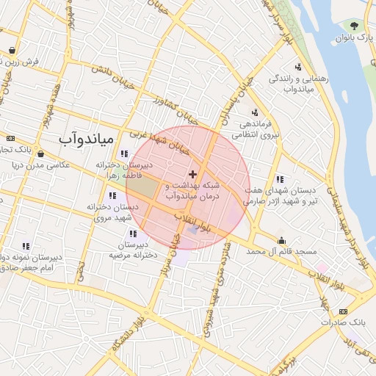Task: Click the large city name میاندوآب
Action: (x=86, y=137)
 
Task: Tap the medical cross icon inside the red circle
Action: (x=192, y=174)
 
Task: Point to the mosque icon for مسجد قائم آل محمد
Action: (x=281, y=240)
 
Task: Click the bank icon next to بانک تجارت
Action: (x=10, y=138)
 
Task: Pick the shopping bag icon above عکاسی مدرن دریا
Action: (x=40, y=154)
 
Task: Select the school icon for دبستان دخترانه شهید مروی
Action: (x=112, y=196)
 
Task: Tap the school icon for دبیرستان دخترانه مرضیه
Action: (x=132, y=234)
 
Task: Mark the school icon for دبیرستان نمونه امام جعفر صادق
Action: (x=26, y=247)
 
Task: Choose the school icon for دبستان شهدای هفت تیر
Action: (x=279, y=178)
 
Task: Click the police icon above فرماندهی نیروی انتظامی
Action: (x=254, y=112)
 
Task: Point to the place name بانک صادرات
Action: (x=349, y=322)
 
